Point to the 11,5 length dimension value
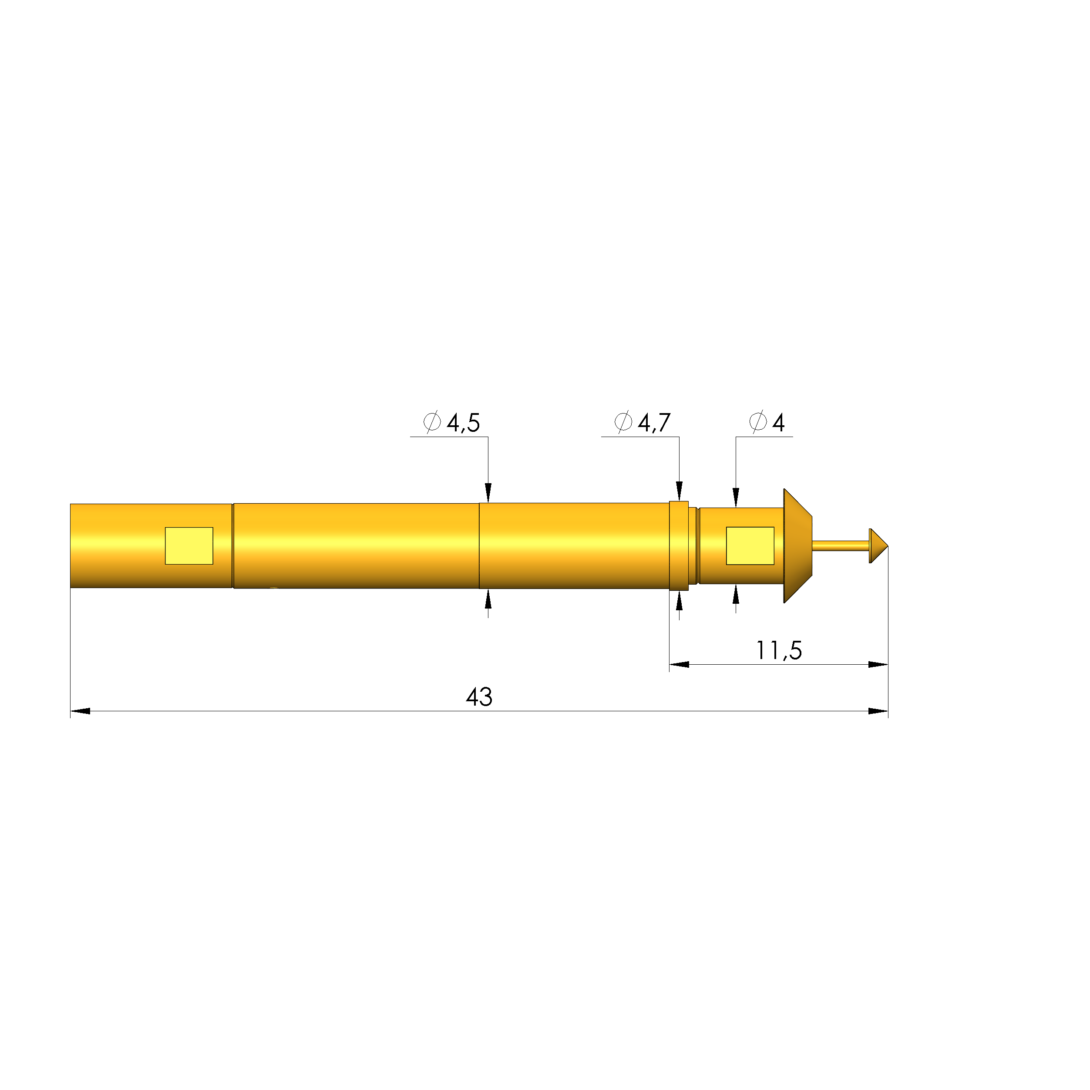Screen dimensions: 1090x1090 coord(779,650)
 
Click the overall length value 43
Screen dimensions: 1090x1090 coord(479,697)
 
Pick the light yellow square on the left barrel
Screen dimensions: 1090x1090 coord(189,545)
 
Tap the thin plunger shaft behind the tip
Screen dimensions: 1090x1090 coord(841,545)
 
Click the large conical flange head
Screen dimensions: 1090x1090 coord(797,545)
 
